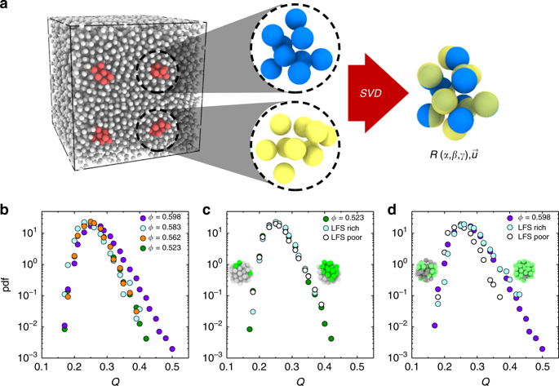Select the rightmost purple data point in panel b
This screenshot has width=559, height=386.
(172, 348)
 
